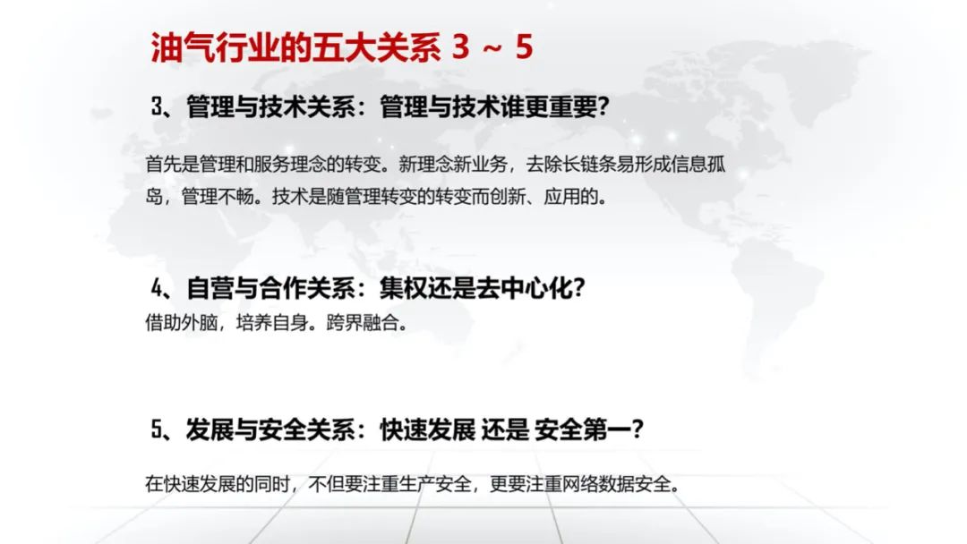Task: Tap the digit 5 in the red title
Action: click(x=524, y=47)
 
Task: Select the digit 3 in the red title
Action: click(x=460, y=47)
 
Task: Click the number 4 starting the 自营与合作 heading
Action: click(x=158, y=288)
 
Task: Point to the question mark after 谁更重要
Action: click(x=603, y=106)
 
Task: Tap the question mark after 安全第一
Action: click(x=638, y=429)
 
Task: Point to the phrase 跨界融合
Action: click(x=363, y=322)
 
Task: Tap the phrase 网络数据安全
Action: click(x=616, y=484)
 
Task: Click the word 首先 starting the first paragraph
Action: click(x=164, y=165)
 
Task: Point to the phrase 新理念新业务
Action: click(x=453, y=165)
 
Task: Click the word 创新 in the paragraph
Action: click(x=508, y=197)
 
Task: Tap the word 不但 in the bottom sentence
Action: click(x=326, y=484)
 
